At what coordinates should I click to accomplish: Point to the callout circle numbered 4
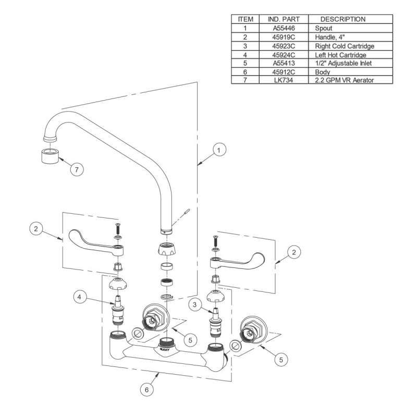(79, 298)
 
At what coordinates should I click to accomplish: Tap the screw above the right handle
(214, 241)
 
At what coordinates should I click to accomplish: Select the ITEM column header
(245, 19)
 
